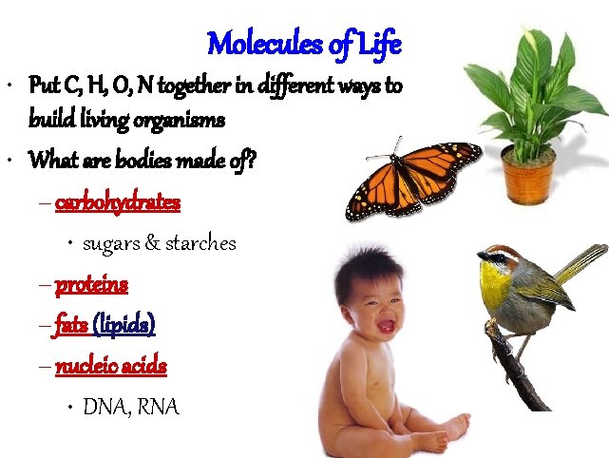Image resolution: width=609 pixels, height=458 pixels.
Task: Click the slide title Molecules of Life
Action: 304,43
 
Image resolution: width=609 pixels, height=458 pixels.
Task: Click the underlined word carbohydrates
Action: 118,202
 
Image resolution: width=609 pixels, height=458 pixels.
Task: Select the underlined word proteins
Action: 91,284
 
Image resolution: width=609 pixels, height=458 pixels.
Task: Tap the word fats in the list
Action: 71,325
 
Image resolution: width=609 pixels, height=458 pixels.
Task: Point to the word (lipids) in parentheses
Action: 124,325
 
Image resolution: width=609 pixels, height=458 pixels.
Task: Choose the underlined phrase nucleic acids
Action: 111,366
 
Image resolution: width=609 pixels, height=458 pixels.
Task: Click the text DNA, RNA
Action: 130,407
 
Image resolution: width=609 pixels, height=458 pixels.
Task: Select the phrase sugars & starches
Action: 159,243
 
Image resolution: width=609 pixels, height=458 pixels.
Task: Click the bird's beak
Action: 481,256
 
